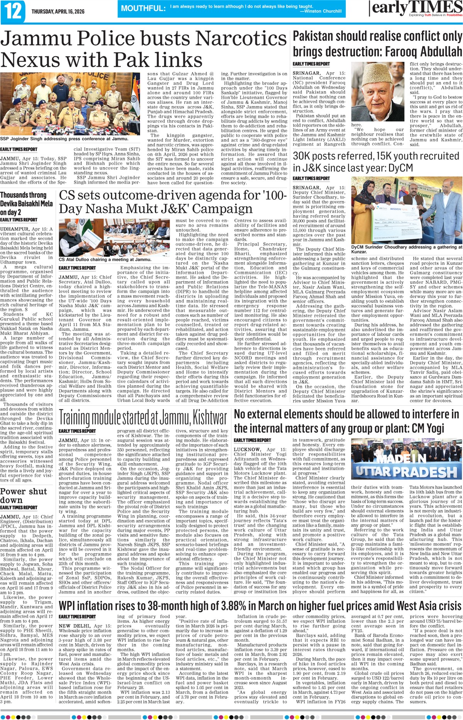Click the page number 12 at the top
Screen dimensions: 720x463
[x=13, y=11]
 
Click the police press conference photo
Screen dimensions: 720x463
[x=70, y=103]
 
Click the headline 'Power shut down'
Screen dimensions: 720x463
[x=23, y=496]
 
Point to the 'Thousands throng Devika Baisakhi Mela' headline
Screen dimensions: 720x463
[x=26, y=204]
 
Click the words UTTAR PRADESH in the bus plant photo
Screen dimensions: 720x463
[x=406, y=472]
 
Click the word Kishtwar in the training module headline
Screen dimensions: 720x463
[x=210, y=418]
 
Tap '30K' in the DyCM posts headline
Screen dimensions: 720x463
[x=305, y=156]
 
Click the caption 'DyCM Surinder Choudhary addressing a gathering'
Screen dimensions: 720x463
[x=406, y=249]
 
